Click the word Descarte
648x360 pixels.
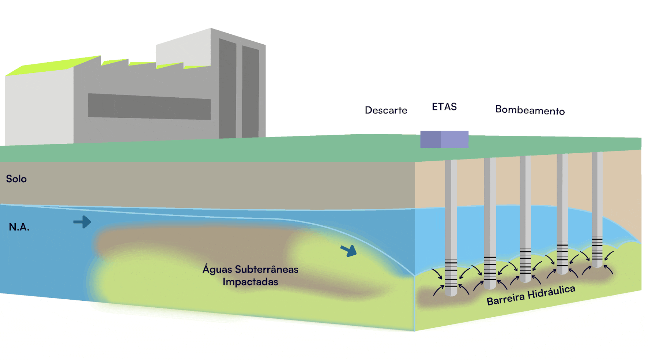(x=386, y=110)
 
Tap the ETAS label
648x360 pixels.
(x=444, y=107)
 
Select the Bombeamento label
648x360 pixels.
(x=530, y=110)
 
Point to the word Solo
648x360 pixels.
(x=16, y=179)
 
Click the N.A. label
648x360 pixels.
(x=19, y=227)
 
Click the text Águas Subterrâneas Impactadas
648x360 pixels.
(x=250, y=275)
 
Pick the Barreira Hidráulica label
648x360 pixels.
(x=531, y=295)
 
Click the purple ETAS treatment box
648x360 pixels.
(x=444, y=139)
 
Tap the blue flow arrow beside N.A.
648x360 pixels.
(x=82, y=222)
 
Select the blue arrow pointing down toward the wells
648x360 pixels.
(x=349, y=251)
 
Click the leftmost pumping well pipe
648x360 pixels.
(x=451, y=205)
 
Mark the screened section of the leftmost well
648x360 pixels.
(x=451, y=273)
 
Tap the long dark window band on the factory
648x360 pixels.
(x=149, y=107)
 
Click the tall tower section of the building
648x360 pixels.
(x=238, y=88)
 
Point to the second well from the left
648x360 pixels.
(x=490, y=205)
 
